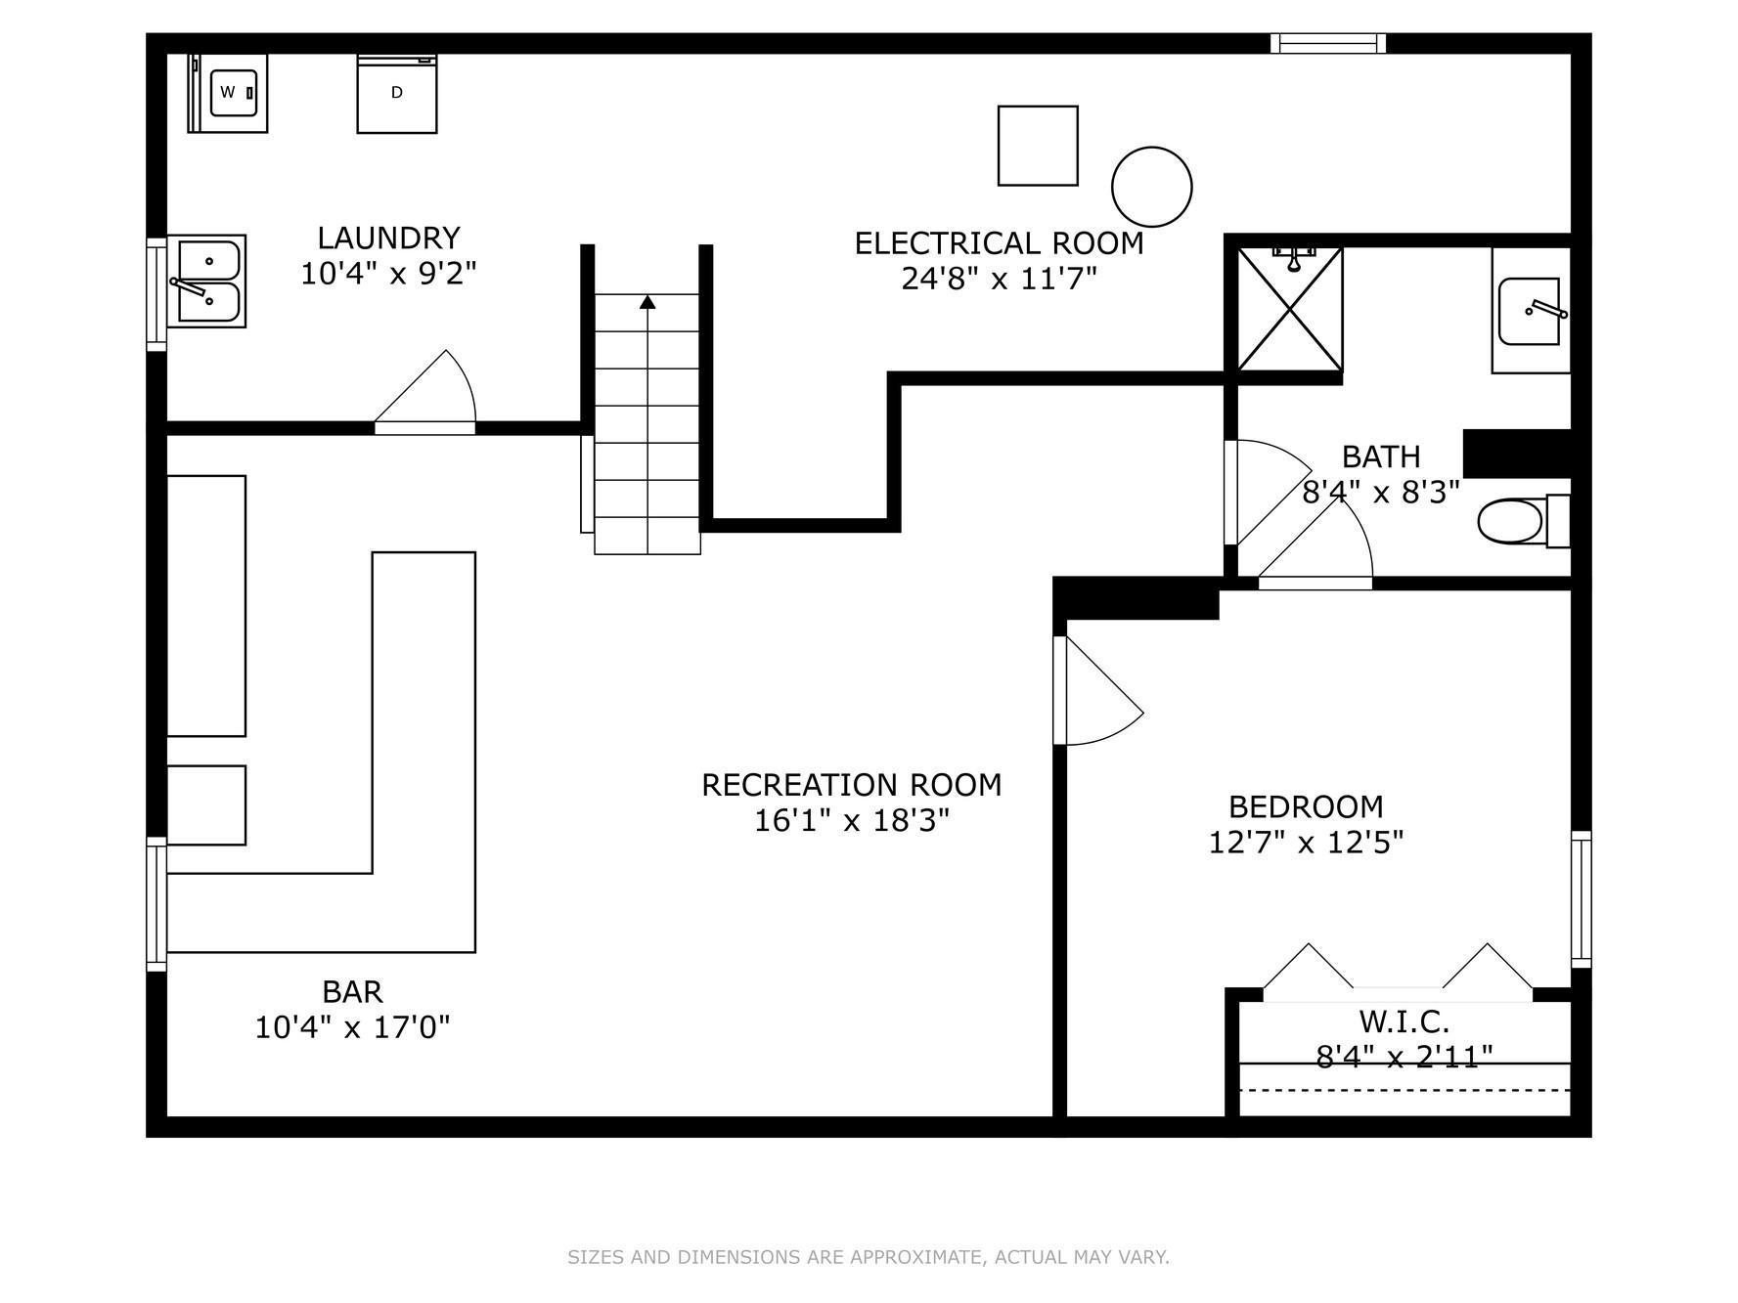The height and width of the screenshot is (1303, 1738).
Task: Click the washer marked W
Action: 228,93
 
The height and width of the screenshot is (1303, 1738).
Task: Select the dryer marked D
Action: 396,94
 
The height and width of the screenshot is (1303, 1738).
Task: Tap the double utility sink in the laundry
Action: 206,281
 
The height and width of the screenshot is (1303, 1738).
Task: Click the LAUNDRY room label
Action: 388,238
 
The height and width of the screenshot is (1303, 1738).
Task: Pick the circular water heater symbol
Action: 1152,187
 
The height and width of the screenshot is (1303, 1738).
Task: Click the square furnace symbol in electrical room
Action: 1038,146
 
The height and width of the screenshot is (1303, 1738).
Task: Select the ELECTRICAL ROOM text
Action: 1000,242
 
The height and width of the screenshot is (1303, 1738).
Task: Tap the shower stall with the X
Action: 1290,309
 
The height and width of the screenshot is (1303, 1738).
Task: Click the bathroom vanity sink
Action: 1531,310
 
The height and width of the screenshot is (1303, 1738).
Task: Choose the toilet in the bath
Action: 1523,521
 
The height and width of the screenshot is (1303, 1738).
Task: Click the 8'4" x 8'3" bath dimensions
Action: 1381,492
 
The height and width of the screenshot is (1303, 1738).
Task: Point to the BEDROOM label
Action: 1306,806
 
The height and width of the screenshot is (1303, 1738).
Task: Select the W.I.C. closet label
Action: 1404,1021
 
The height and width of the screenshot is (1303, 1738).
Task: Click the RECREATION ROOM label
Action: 852,785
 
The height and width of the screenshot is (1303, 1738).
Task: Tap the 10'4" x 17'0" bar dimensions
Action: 352,1027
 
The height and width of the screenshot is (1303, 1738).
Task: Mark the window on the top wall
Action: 1328,43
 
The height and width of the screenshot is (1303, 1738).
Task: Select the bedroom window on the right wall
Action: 1581,899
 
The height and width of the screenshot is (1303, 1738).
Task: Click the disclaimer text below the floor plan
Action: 869,1257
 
